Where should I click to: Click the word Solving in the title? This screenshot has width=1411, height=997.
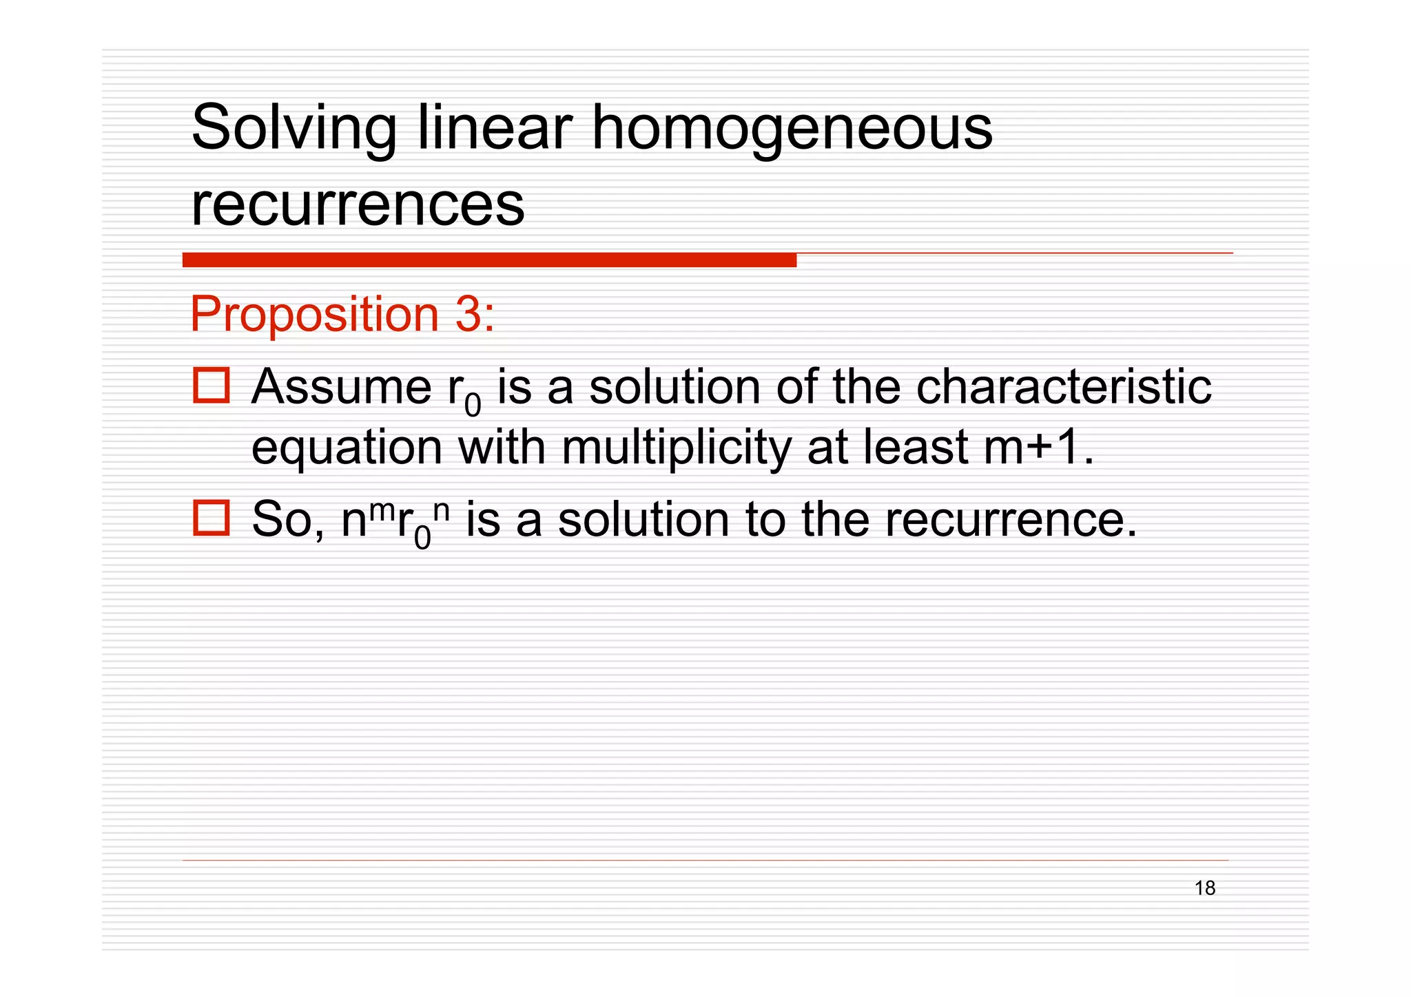coord(293,129)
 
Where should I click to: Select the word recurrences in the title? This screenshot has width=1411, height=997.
coord(357,204)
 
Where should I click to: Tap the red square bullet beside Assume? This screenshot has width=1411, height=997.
coord(212,386)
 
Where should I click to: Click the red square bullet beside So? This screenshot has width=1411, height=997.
coord(212,518)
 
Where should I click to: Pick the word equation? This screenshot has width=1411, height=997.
coord(347,448)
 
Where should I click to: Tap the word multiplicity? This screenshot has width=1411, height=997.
coord(676,448)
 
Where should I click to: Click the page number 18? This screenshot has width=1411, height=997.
coord(1204,888)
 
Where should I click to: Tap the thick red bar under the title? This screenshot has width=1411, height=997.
coord(489,260)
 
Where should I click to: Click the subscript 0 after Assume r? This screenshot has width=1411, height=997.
coord(473,406)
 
